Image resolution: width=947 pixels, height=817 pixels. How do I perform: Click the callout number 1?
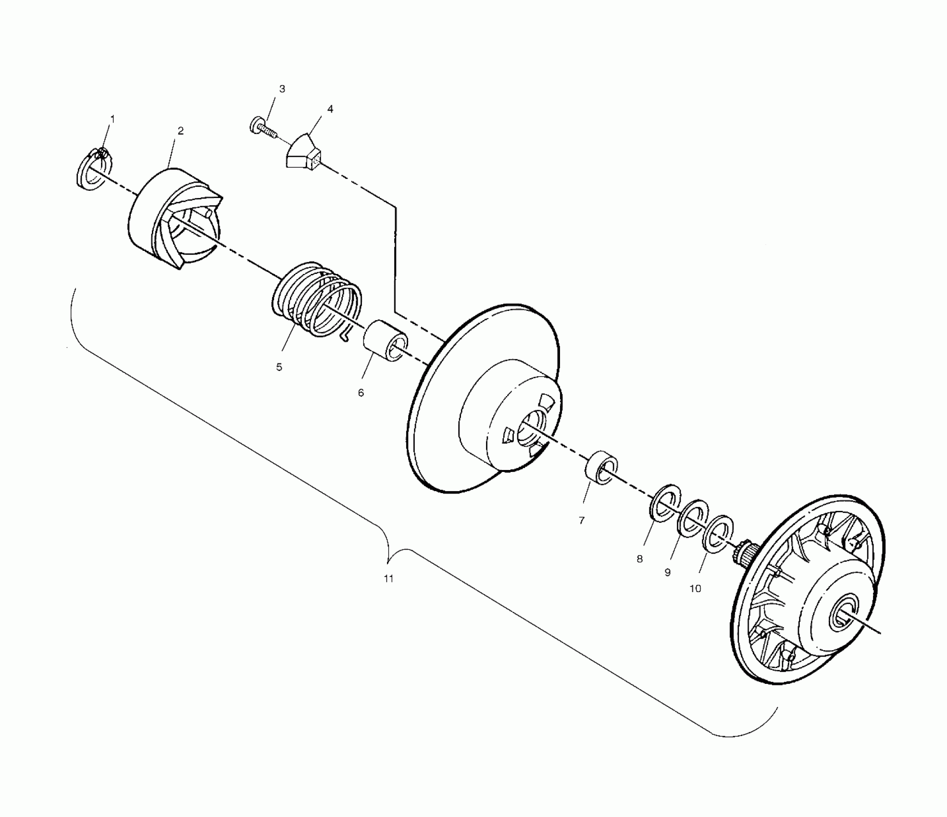113,118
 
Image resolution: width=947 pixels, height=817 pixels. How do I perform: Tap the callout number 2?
181,131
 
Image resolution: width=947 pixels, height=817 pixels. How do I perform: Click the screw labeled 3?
262,128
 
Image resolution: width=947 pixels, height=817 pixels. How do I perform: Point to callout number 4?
330,109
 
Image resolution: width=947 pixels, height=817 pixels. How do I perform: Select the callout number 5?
279,367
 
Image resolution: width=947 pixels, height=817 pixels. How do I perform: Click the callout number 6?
361,393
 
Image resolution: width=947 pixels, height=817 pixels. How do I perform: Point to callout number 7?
582,520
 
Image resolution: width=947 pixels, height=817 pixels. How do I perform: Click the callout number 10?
696,588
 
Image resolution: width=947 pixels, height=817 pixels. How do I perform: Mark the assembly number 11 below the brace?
388,579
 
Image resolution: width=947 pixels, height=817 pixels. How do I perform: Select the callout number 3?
282,89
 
